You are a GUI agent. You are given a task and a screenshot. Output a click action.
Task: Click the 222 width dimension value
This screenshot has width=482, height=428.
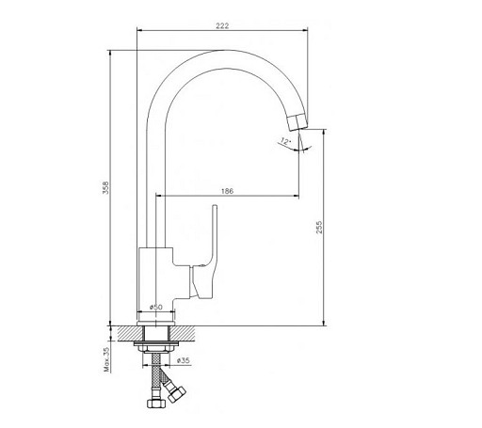(222, 25)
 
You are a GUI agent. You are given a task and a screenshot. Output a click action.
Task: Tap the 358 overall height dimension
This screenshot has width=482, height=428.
(106, 187)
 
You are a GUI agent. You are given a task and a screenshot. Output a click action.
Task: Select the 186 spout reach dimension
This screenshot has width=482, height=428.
(227, 191)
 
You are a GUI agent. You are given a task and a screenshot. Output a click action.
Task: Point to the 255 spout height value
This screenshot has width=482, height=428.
(319, 228)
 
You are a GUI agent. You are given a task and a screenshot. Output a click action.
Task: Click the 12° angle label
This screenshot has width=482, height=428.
(285, 141)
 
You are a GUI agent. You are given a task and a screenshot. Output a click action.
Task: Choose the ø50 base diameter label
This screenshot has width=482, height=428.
(156, 307)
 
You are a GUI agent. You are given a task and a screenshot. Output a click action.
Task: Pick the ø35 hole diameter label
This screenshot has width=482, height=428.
(184, 360)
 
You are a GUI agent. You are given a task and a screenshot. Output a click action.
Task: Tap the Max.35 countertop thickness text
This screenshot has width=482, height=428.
(106, 359)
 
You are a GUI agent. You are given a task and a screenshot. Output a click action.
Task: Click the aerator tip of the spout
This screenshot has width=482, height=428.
(297, 123)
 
